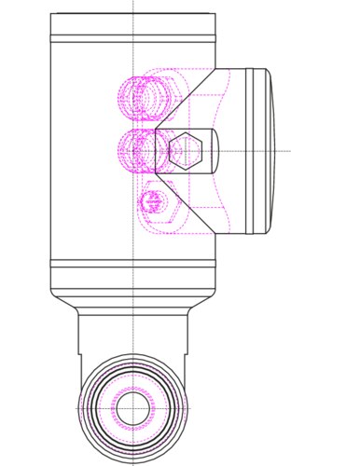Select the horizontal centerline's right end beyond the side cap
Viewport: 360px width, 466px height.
(x=289, y=150)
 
